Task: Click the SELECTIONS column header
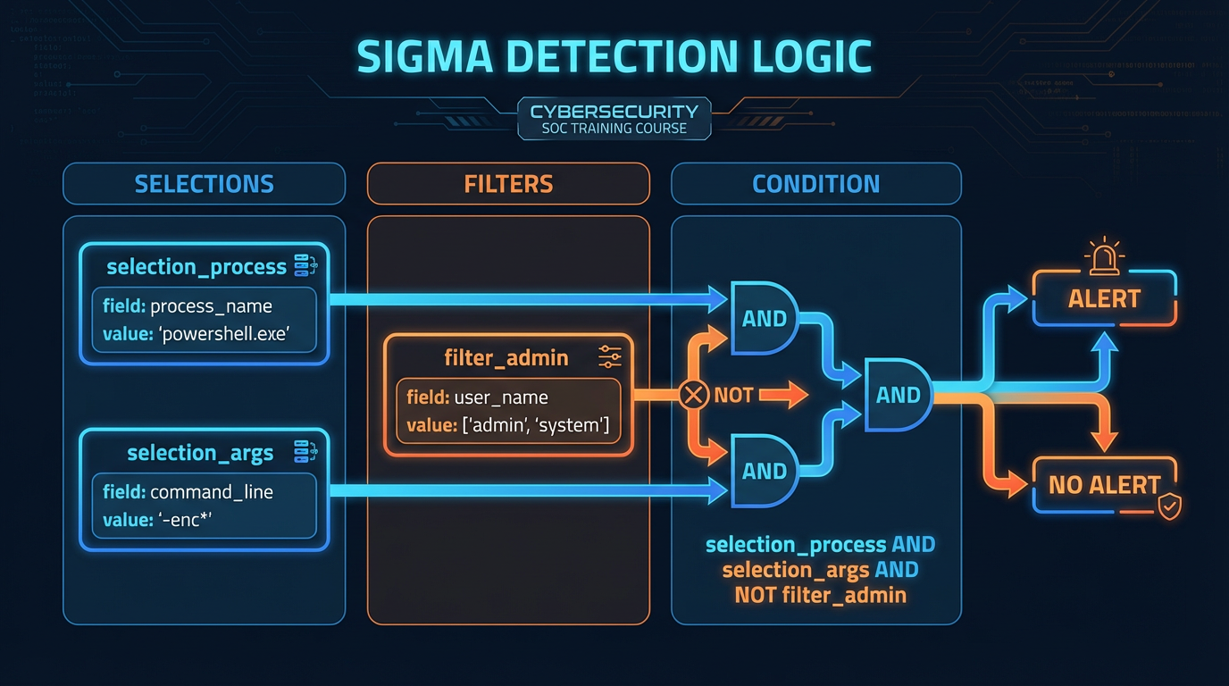pyautogui.click(x=204, y=184)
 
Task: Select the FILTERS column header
pyautogui.click(x=508, y=184)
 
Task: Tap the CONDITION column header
pyautogui.click(x=815, y=184)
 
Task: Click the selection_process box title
pyautogui.click(x=196, y=267)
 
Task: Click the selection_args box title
pyautogui.click(x=200, y=453)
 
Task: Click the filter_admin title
pyautogui.click(x=506, y=358)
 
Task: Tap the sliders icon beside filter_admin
pyautogui.click(x=610, y=357)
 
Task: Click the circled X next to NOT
pyautogui.click(x=693, y=395)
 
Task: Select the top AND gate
pyautogui.click(x=765, y=318)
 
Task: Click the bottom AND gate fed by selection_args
pyautogui.click(x=765, y=471)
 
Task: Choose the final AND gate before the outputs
pyautogui.click(x=897, y=395)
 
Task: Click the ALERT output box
pyautogui.click(x=1104, y=299)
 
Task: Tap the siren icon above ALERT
pyautogui.click(x=1104, y=255)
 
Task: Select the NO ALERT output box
pyautogui.click(x=1104, y=485)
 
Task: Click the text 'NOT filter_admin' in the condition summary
pyautogui.click(x=820, y=595)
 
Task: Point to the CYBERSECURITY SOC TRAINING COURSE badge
pyautogui.click(x=614, y=120)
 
